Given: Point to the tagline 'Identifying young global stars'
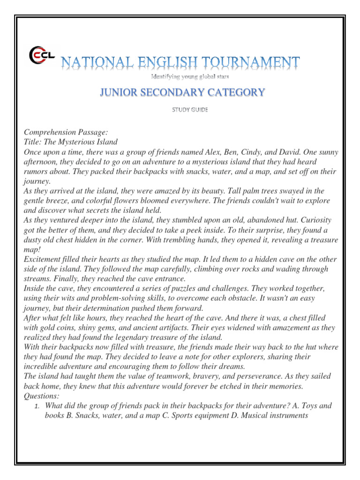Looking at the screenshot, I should click(190, 76).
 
